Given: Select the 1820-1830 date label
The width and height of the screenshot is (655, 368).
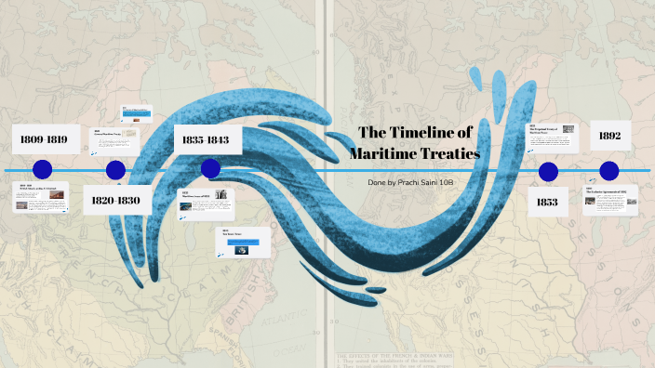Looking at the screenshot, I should pos(116,200).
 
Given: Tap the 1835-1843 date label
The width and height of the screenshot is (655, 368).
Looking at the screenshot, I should pos(207,140).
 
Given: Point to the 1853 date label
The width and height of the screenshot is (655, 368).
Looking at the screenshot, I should pos(547,201).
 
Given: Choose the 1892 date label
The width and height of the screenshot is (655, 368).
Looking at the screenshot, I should pos(609,136).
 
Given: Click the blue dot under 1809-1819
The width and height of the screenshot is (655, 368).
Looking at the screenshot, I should pos(41,170).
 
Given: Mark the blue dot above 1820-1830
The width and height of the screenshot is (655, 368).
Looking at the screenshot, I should pos(115,170).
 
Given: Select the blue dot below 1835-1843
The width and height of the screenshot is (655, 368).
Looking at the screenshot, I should pos(210,168).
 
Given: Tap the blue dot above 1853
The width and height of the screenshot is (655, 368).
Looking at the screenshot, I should pos(548,171).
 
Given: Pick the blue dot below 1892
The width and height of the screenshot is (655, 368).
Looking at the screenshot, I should pos(609,170).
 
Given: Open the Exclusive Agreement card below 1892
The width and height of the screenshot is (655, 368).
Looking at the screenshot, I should pos(609,200).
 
